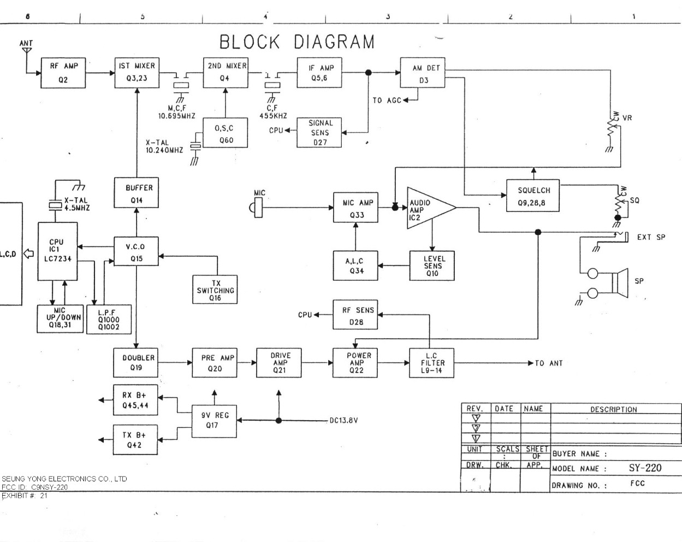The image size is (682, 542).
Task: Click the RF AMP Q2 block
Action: (64, 73)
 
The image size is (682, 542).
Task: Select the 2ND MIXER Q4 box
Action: (225, 72)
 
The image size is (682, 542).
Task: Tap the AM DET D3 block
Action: (423, 73)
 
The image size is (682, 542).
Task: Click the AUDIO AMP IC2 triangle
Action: (428, 208)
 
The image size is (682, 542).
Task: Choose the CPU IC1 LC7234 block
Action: (57, 251)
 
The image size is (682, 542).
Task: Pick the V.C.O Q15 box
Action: (136, 251)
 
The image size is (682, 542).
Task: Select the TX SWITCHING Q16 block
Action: (215, 290)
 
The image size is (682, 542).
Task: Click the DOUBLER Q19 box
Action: (135, 362)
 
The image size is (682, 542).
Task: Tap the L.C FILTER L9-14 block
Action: (431, 363)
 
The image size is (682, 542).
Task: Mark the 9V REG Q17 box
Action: (214, 420)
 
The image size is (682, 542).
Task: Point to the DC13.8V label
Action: (343, 421)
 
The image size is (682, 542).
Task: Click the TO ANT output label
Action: (548, 363)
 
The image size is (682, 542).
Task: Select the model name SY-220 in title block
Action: (644, 468)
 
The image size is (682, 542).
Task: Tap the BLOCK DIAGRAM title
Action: (297, 42)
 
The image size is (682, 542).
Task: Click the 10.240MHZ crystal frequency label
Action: (164, 150)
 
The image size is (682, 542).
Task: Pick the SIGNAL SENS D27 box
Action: (319, 132)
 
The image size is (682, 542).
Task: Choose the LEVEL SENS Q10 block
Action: (432, 266)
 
